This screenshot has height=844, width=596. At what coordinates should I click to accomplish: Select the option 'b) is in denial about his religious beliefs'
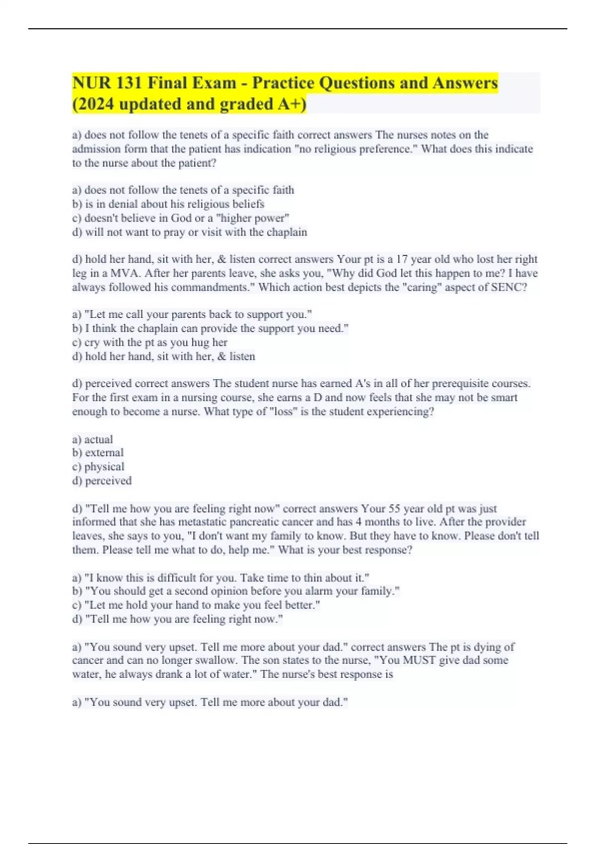tap(168, 204)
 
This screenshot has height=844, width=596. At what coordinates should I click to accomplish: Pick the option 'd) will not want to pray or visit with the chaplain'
tap(190, 232)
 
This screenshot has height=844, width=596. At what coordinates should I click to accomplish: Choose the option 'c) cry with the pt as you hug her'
tap(149, 342)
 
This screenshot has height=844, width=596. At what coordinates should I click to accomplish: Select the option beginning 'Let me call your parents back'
tap(192, 314)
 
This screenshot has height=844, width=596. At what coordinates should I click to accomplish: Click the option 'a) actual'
tap(93, 439)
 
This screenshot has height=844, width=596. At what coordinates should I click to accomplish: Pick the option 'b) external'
tap(98, 453)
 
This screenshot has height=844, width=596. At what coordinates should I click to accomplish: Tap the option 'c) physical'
tap(98, 467)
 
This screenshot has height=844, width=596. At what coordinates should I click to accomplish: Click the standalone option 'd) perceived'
tap(102, 481)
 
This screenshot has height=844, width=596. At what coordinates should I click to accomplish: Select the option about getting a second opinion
tap(236, 591)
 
